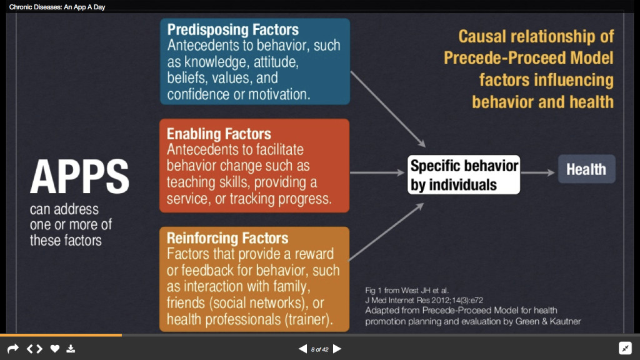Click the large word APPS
(79, 176)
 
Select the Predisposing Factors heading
(232, 30)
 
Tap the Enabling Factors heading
(219, 134)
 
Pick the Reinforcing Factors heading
(227, 238)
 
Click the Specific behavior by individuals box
(464, 175)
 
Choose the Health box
(586, 169)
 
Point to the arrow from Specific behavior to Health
(538, 172)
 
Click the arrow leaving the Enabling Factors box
(377, 172)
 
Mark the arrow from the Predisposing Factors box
(388, 109)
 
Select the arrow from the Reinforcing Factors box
(386, 231)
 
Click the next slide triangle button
(337, 349)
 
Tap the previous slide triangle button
(303, 349)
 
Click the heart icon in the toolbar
(55, 349)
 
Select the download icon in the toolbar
(71, 349)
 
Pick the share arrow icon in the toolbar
(13, 349)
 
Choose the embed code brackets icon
(34, 349)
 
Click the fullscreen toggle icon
(625, 348)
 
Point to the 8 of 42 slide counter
(319, 349)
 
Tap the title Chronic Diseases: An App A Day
(57, 7)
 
